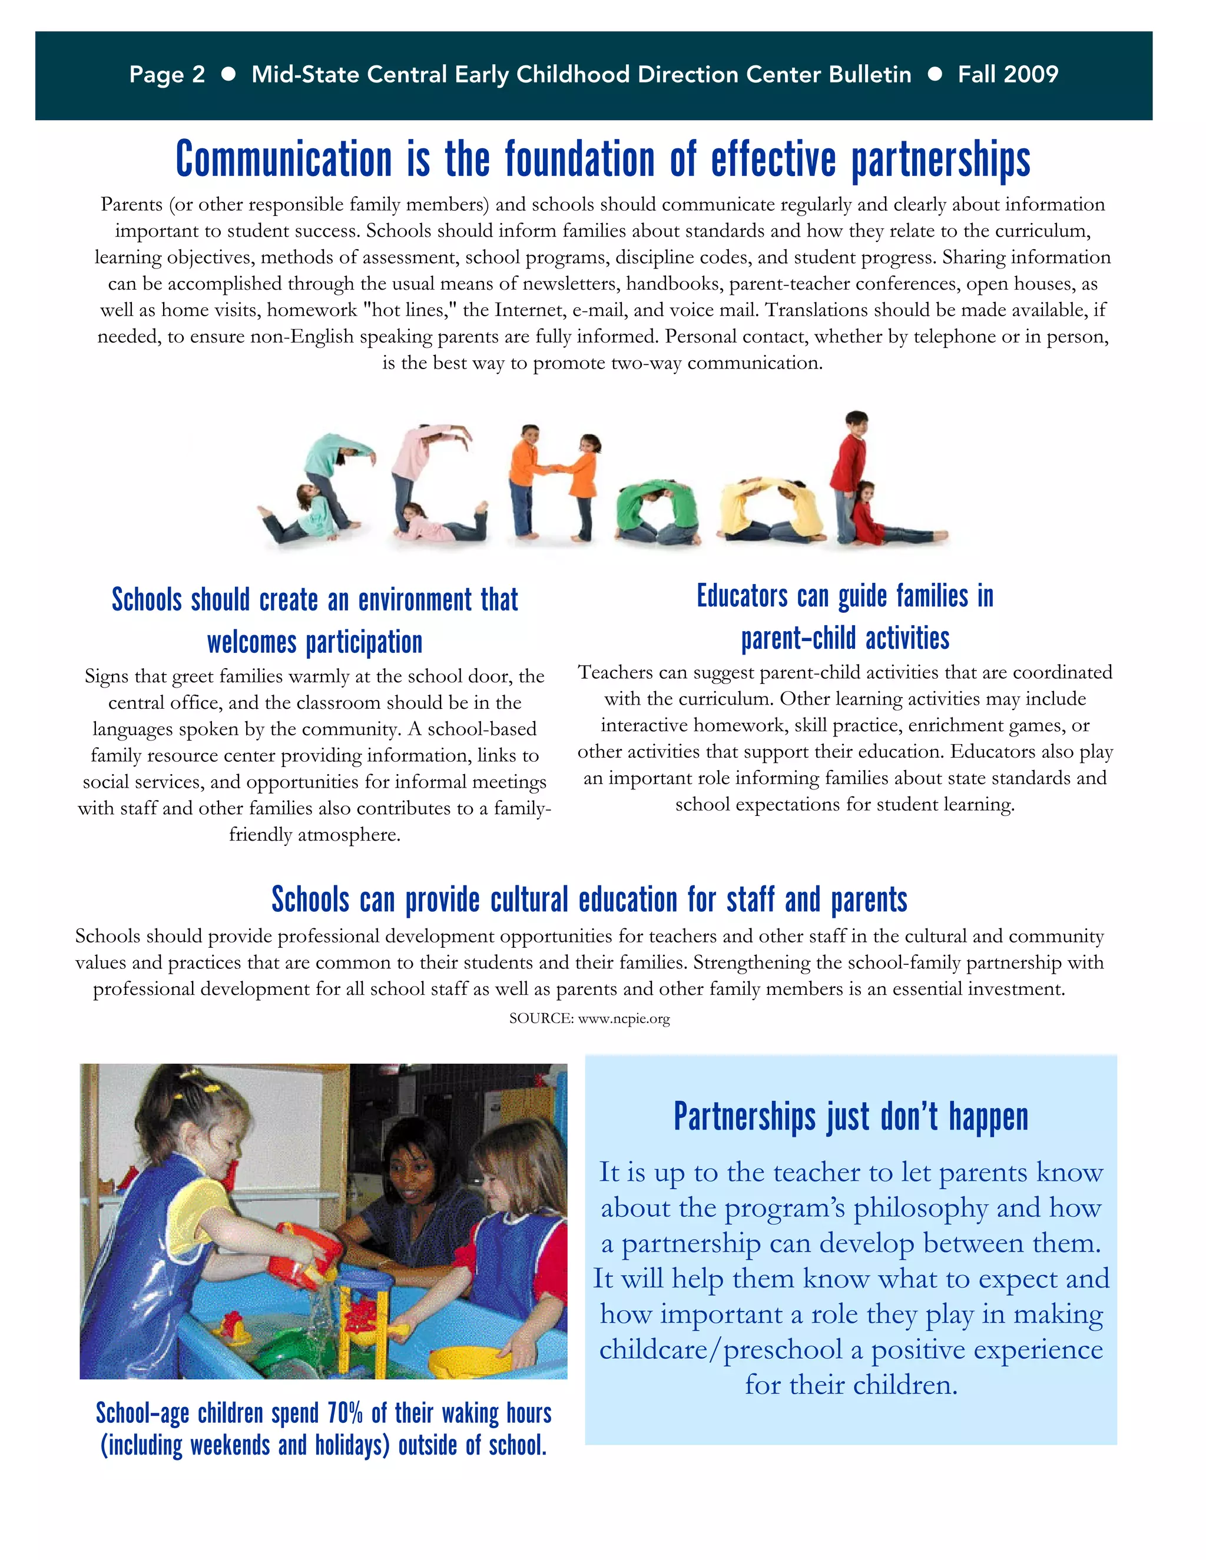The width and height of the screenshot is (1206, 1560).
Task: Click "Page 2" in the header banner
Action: [x=167, y=74]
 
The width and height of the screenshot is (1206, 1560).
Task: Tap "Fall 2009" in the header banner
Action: [x=1008, y=74]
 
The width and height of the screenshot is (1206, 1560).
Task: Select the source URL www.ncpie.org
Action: [x=624, y=1018]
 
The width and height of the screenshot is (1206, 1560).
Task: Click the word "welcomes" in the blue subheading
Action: [x=251, y=642]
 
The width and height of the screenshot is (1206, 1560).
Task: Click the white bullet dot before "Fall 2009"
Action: [x=934, y=74]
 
